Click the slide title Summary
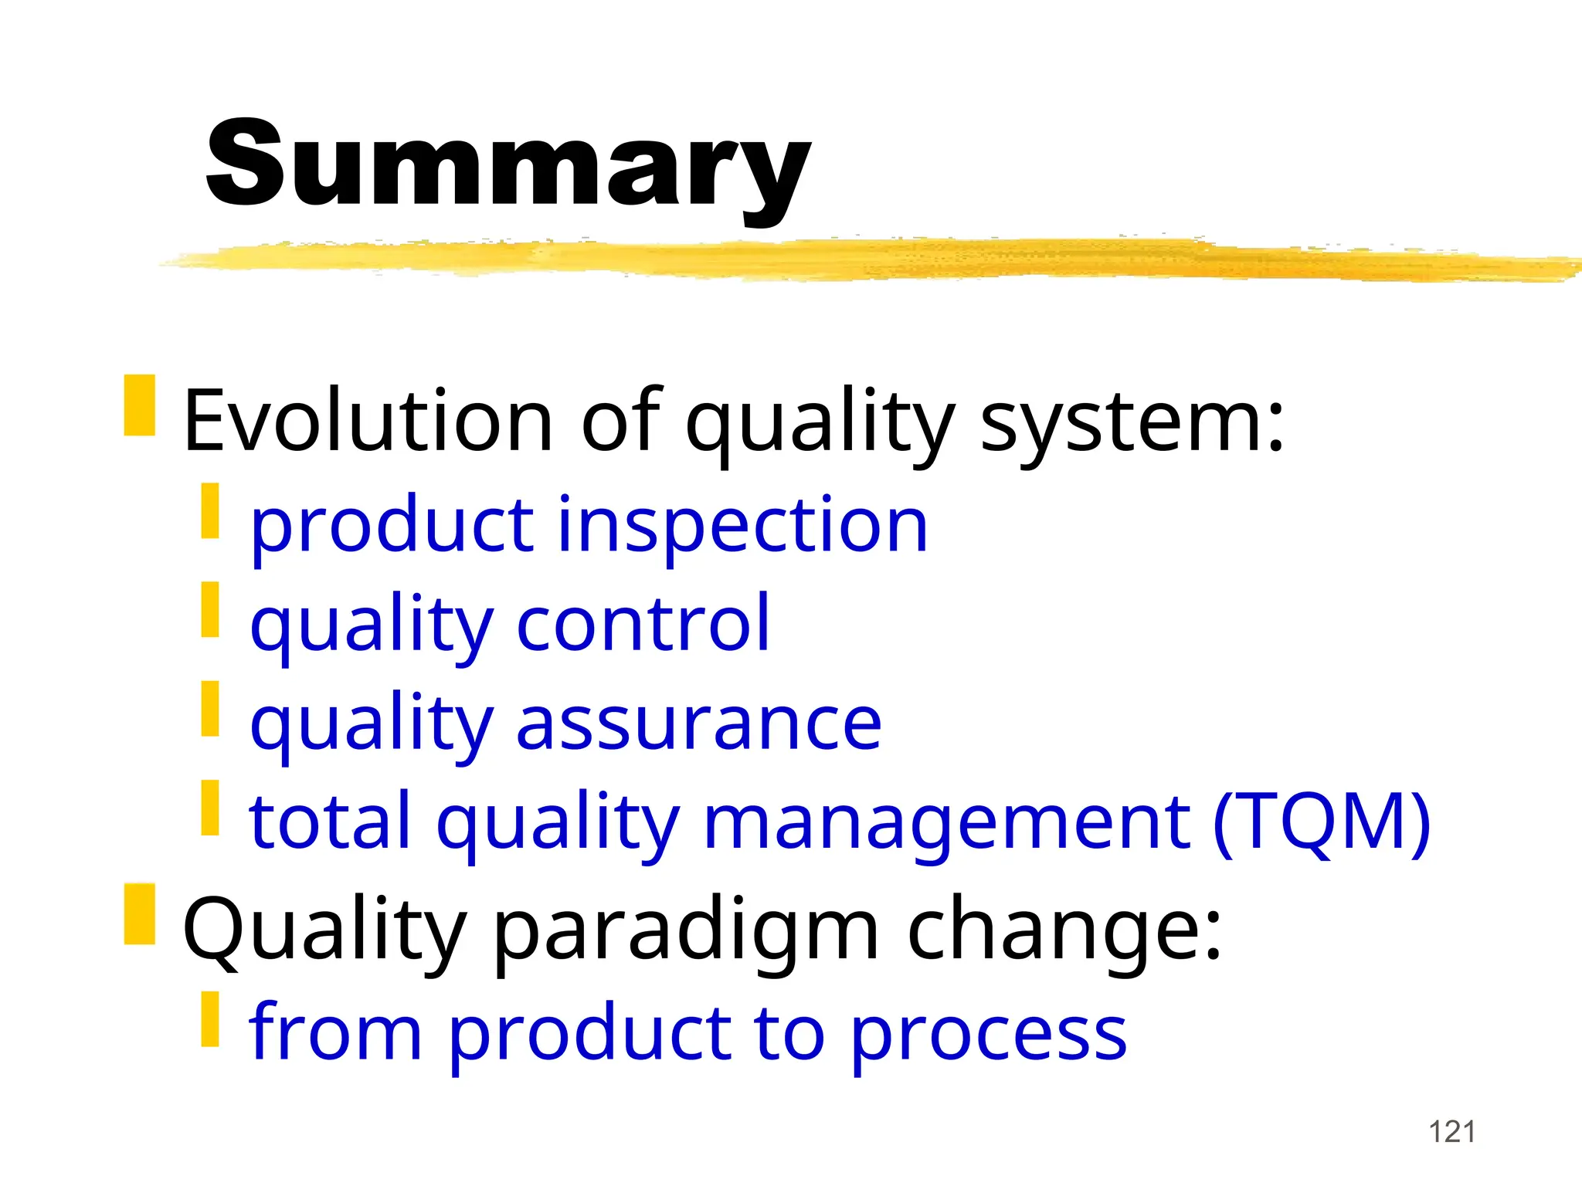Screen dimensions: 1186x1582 point(508,164)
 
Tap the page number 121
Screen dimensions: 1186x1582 point(1452,1132)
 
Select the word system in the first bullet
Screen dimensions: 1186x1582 point(1132,422)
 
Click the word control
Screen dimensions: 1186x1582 point(643,624)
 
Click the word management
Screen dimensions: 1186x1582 point(947,823)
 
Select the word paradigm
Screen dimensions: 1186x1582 point(684,930)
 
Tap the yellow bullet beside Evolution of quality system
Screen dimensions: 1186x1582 point(140,405)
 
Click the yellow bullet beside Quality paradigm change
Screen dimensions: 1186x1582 point(140,914)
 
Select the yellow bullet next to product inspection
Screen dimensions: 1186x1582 point(210,511)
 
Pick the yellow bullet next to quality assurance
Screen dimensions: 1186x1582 point(210,708)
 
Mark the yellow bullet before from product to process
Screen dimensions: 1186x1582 point(210,1019)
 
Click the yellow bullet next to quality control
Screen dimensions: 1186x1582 point(210,610)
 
